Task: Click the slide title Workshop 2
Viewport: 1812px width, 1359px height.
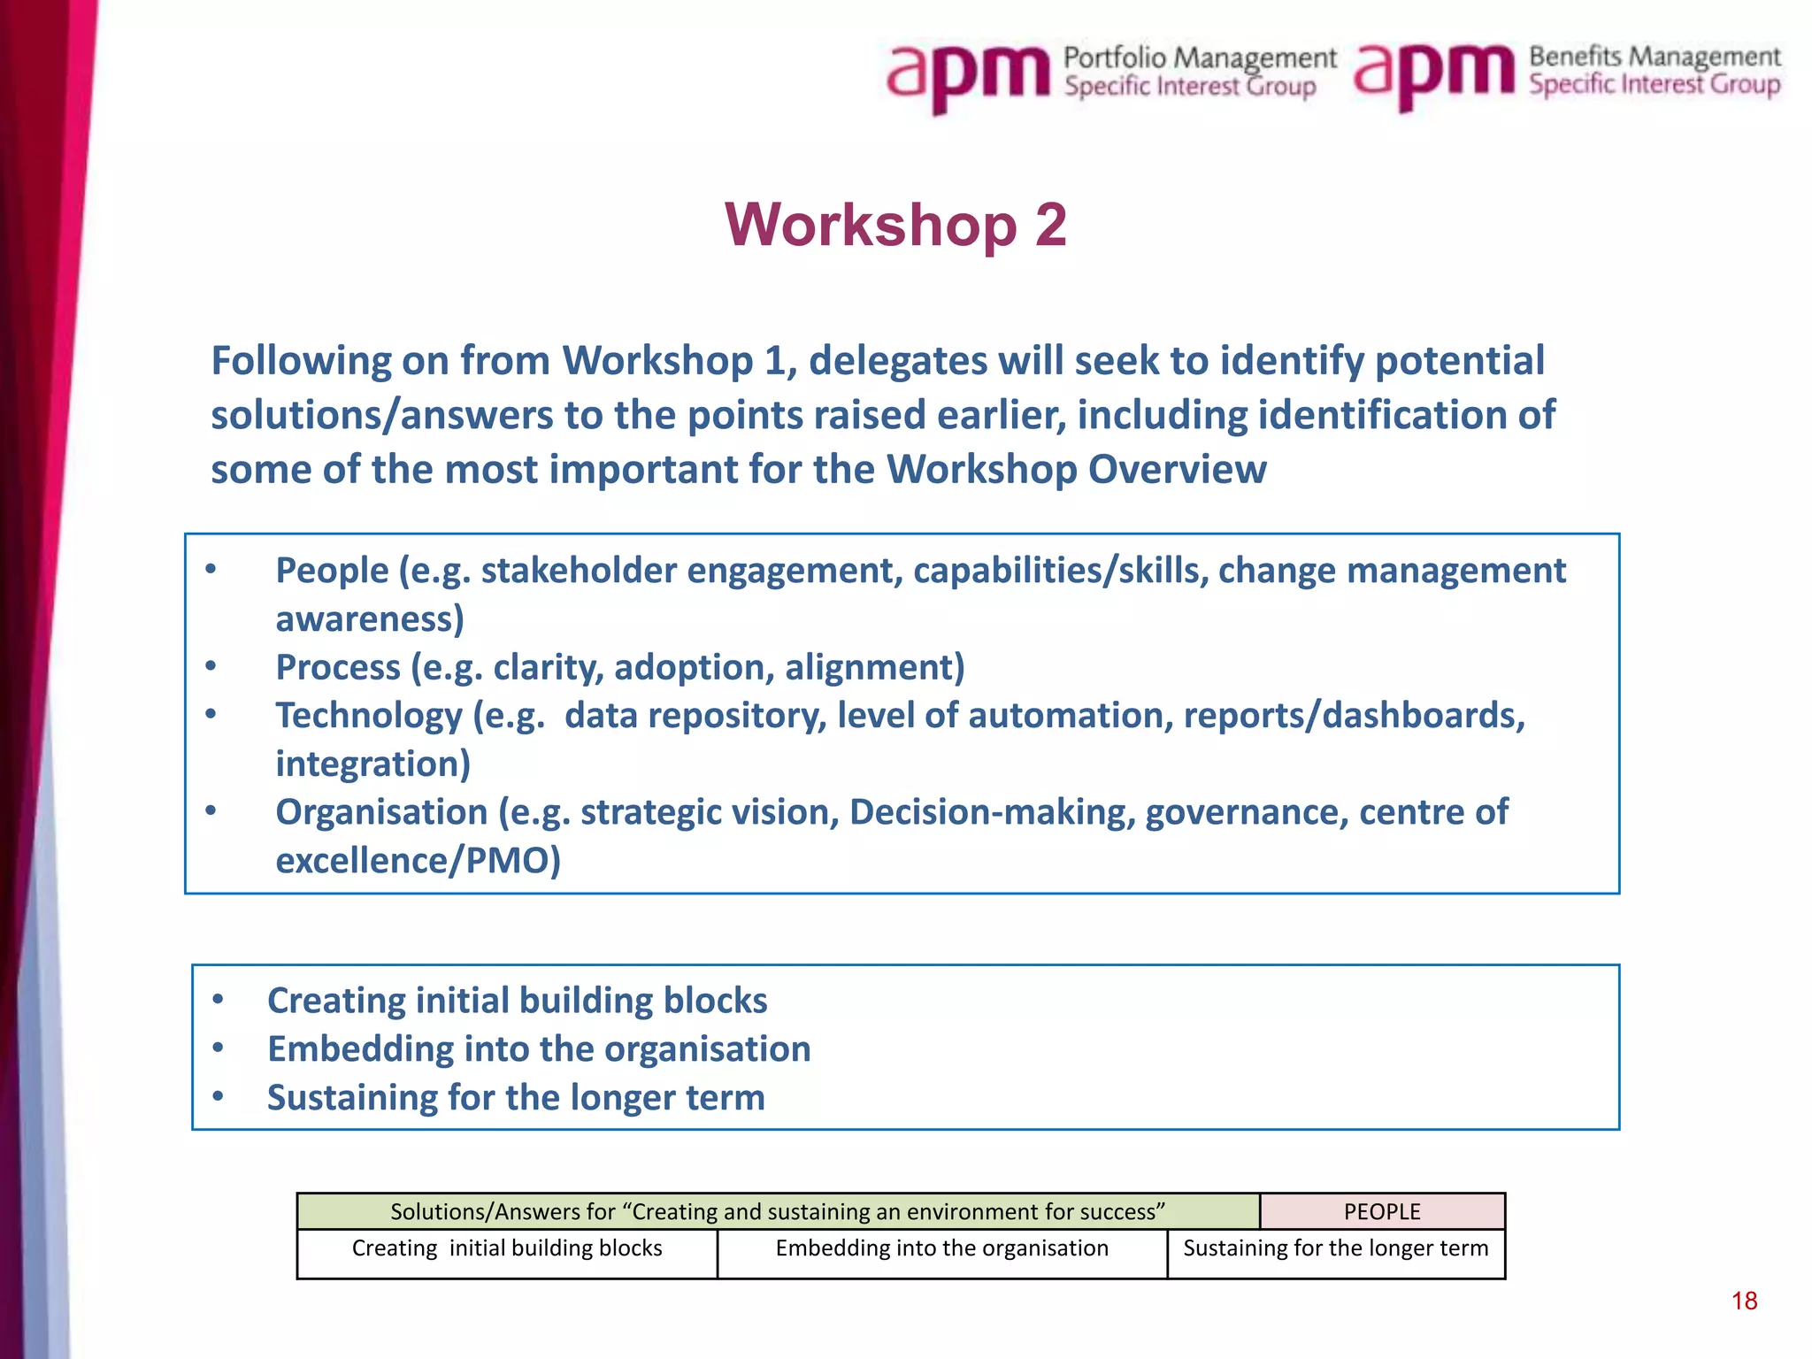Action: tap(895, 225)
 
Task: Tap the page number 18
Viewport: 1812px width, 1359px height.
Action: tap(1744, 1301)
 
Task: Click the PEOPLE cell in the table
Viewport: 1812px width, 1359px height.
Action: tap(1382, 1211)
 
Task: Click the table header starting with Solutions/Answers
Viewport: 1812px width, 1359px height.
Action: tap(777, 1211)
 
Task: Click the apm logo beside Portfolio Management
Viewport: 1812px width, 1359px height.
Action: tap(968, 74)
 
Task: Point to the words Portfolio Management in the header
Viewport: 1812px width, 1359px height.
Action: tap(1200, 58)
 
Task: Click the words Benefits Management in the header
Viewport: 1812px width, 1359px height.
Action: tap(1654, 57)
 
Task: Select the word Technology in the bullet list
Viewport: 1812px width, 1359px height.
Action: tap(368, 716)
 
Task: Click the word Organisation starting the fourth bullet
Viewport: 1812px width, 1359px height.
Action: tap(380, 812)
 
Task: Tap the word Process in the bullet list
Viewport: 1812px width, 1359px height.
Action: tap(338, 667)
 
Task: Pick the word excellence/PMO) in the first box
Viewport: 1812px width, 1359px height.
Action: tap(418, 861)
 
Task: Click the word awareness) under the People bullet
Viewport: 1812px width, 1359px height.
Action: tap(370, 619)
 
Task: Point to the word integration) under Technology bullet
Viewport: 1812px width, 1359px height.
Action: tap(372, 764)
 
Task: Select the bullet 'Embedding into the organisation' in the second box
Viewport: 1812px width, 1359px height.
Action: tap(539, 1049)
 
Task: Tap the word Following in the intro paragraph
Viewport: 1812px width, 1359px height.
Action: tap(301, 361)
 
